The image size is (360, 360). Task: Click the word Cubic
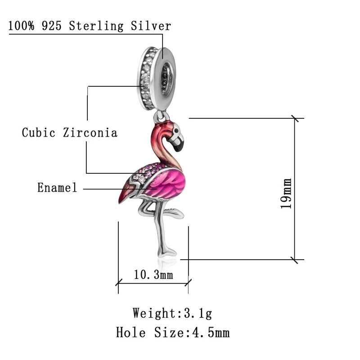(39, 133)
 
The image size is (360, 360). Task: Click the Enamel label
(57, 188)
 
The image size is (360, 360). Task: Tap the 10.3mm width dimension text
(153, 274)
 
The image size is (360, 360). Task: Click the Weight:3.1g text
(172, 312)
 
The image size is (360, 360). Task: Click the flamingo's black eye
(176, 131)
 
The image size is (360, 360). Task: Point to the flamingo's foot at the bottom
(168, 252)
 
